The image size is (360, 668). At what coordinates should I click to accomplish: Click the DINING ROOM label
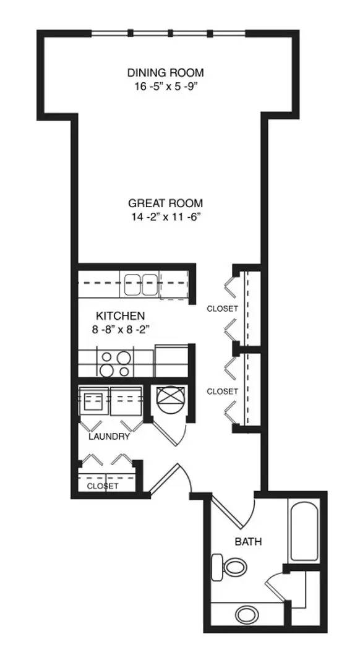tap(165, 72)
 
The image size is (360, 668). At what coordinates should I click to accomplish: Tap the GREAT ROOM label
tap(166, 203)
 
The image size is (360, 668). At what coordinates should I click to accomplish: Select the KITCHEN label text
tap(121, 316)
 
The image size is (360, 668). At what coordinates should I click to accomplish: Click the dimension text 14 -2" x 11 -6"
tap(166, 217)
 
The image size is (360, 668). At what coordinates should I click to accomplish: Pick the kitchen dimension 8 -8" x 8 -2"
tap(120, 329)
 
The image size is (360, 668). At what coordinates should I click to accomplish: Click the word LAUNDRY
tap(109, 437)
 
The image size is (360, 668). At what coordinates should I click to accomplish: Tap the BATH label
tap(249, 542)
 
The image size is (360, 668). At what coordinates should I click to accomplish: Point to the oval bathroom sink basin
tap(247, 615)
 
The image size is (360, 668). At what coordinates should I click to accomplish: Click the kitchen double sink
tap(139, 285)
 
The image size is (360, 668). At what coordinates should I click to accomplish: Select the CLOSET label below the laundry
tap(103, 486)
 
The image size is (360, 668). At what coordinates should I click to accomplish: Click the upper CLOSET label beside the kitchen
tap(222, 309)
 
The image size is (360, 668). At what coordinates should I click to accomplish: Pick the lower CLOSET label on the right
tap(222, 391)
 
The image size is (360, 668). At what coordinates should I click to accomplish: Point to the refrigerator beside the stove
tap(171, 361)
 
